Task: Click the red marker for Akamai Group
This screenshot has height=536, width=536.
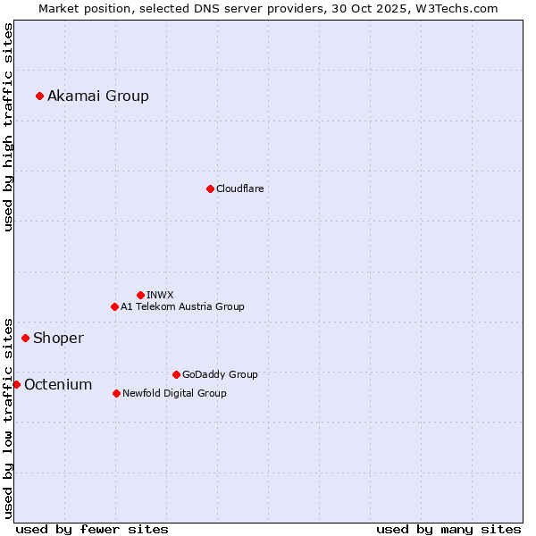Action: tap(39, 96)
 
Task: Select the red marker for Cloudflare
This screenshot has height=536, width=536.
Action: tap(210, 188)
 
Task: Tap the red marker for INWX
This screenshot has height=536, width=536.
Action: tap(140, 295)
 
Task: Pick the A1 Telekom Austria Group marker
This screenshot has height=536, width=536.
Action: tap(114, 306)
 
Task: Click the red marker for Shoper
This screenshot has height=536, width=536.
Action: tap(25, 338)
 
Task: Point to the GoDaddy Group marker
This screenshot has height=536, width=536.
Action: tap(176, 374)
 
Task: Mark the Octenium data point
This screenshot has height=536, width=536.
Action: tap(16, 384)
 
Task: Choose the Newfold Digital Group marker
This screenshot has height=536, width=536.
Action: tap(116, 393)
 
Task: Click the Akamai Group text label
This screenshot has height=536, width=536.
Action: tap(98, 96)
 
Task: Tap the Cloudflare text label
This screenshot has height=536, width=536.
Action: tap(240, 188)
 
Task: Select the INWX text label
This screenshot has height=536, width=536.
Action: tap(160, 295)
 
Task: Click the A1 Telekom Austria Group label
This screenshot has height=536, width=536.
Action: tap(182, 306)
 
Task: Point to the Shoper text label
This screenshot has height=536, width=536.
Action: tap(58, 338)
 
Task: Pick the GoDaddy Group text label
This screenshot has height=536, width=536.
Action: tap(220, 374)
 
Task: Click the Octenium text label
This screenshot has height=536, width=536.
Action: tap(58, 384)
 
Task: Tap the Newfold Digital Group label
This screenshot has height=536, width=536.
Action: tap(174, 393)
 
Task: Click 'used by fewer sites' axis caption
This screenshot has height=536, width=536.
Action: tap(92, 529)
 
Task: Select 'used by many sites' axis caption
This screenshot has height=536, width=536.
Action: tap(448, 529)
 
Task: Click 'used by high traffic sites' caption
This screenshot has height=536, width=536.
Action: tap(8, 127)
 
